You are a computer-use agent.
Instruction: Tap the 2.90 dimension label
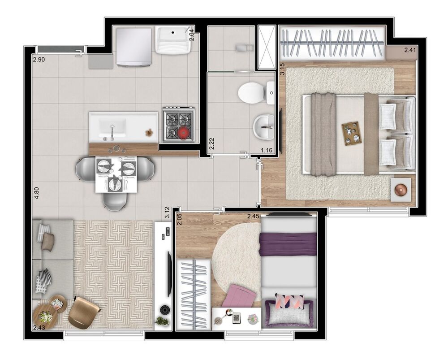[39, 59]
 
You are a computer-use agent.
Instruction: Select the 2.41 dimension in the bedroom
[410, 50]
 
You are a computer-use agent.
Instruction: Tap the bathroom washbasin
[264, 127]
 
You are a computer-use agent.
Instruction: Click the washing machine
[134, 47]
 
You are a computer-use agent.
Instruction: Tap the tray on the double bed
[351, 134]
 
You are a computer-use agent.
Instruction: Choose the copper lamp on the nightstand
[400, 189]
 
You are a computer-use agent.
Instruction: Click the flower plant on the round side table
[46, 317]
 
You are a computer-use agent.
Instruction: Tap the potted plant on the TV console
[162, 321]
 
